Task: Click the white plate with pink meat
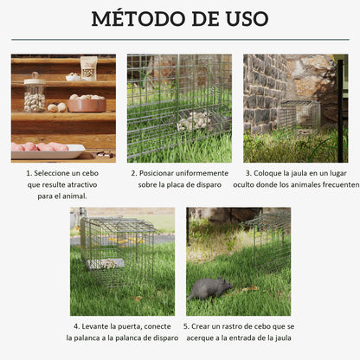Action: coord(47,149)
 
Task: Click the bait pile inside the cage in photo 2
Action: coord(193,121)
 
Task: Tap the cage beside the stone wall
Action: coord(298,115)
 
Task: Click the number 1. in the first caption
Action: coord(29,173)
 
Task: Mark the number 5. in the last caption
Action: coord(188,326)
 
